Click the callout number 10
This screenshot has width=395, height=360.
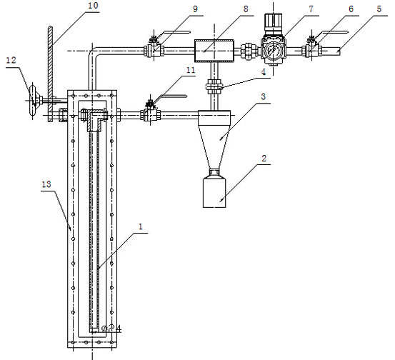pos(93,6)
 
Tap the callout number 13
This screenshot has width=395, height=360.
pos(46,184)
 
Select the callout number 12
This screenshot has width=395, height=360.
pos(11,60)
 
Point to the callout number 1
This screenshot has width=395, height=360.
pos(141,226)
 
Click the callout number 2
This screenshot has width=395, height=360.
pos(264,159)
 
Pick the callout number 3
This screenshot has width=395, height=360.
pos(264,96)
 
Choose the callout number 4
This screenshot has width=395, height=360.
pos(264,72)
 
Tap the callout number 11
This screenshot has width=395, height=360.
pos(191,70)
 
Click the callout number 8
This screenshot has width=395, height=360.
pos(246,9)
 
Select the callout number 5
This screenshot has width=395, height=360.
pos(379,9)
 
